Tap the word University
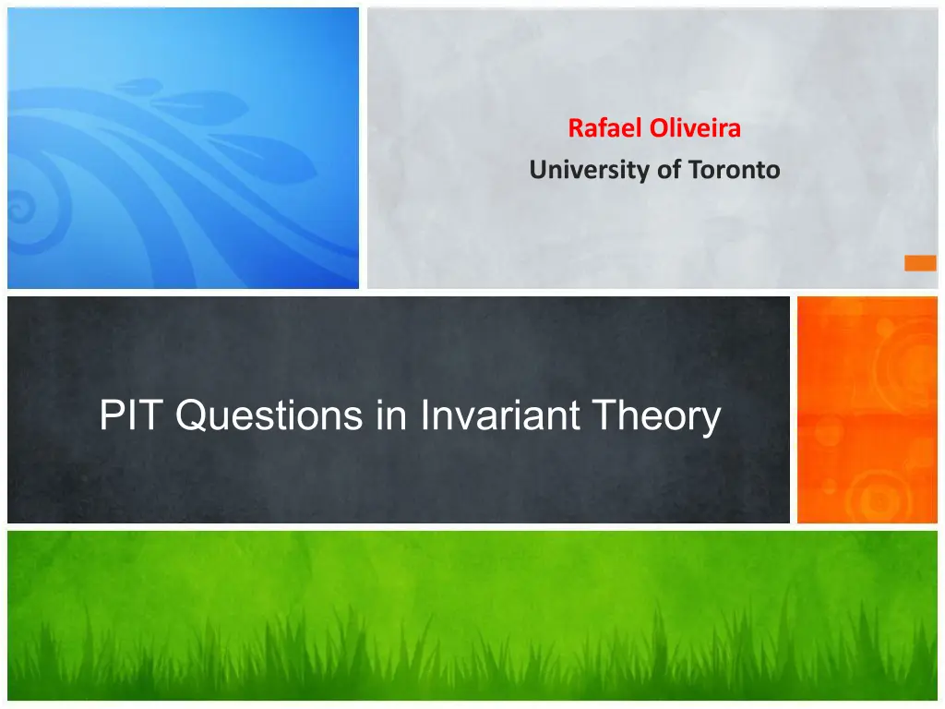(590, 171)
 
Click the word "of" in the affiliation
(669, 170)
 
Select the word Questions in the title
(269, 415)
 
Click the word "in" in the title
(391, 415)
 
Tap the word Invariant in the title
(500, 415)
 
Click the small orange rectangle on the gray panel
(920, 263)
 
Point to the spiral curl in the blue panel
(23, 207)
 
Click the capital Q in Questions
(194, 415)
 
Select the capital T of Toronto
(697, 170)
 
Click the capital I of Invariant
(424, 415)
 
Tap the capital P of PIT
(111, 415)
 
